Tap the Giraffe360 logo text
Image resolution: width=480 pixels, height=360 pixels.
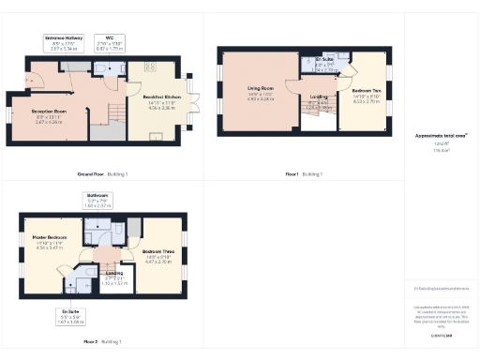point(441,334)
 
